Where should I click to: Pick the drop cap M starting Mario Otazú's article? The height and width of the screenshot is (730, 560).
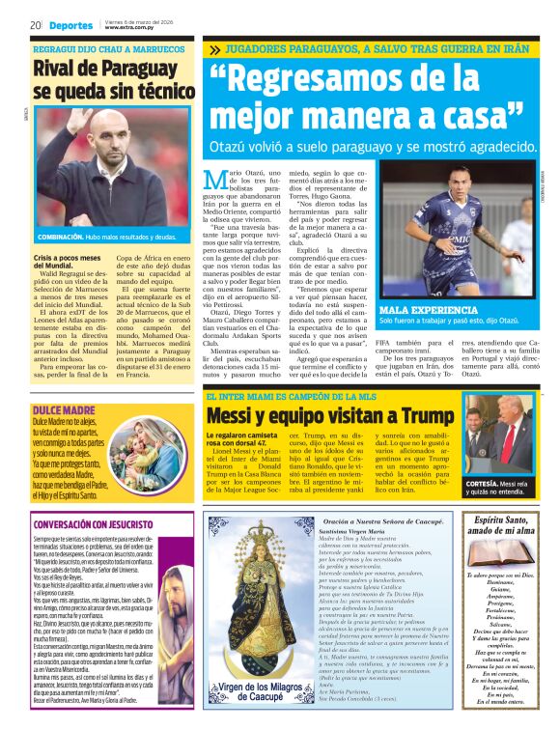click(214, 179)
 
